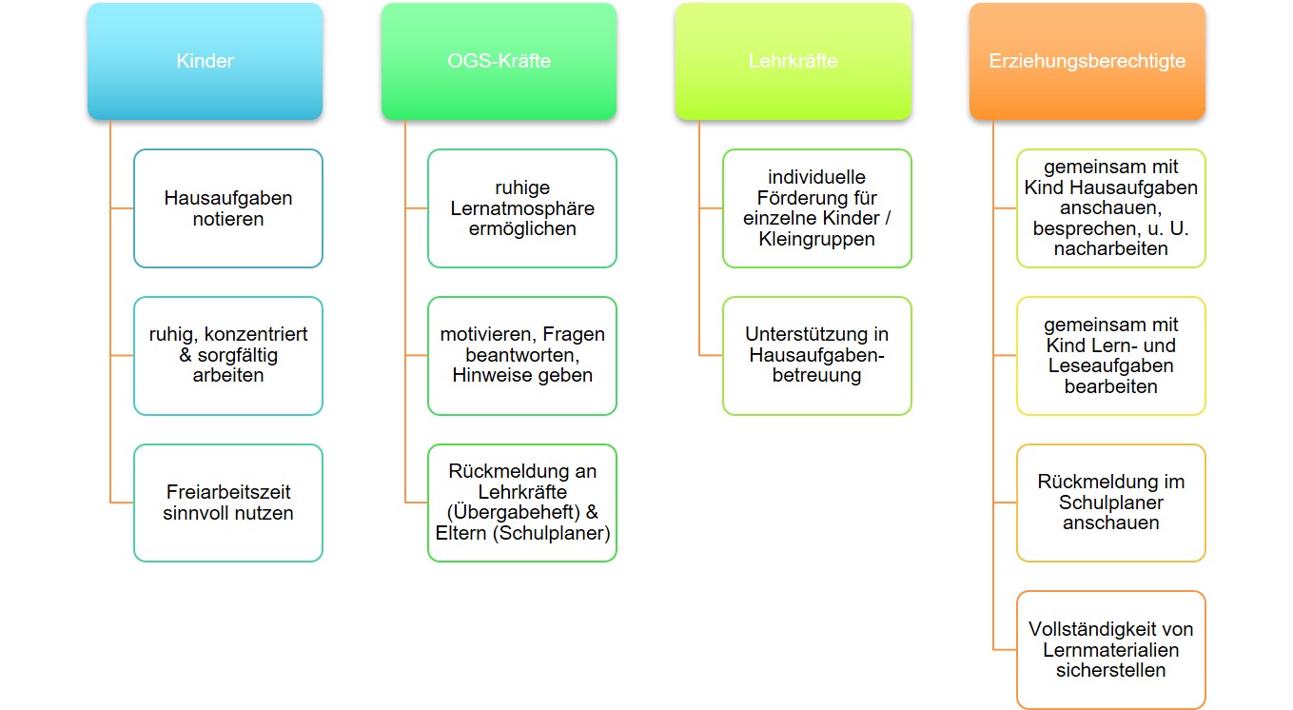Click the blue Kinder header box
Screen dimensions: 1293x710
click(205, 61)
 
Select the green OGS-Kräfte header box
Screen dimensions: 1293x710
click(499, 61)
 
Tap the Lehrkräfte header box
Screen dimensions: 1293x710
click(793, 61)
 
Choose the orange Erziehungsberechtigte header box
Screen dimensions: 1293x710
click(1087, 61)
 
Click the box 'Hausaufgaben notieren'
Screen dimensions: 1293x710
click(228, 208)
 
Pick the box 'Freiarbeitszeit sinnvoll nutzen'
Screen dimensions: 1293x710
click(228, 503)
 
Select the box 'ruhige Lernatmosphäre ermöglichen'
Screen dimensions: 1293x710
click(522, 208)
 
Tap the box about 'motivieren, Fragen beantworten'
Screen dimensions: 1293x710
click(522, 356)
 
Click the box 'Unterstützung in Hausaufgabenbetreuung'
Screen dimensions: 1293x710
click(816, 356)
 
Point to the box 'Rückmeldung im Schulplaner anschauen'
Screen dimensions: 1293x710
click(1111, 503)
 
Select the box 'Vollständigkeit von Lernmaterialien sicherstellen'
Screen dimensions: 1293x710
click(1111, 650)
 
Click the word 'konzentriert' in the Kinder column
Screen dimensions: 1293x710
click(256, 334)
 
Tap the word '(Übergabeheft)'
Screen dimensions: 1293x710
click(513, 513)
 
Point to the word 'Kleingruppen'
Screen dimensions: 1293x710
click(816, 239)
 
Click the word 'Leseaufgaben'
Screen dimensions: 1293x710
click(1111, 366)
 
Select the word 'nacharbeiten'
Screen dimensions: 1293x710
click(1111, 248)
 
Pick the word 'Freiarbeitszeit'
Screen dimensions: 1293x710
click(228, 492)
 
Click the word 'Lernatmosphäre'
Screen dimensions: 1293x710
click(522, 208)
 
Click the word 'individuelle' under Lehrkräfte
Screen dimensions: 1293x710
click(816, 177)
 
